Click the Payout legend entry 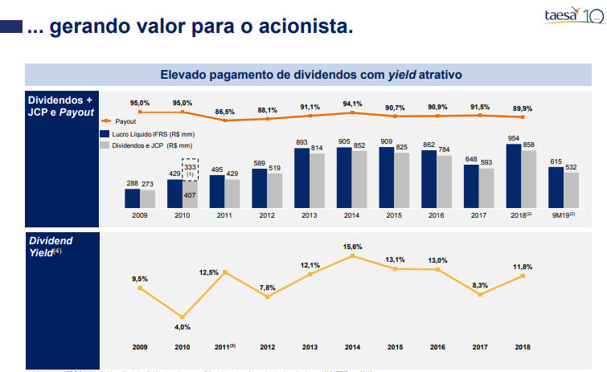tap(117, 120)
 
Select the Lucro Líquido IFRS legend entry tap(146, 133)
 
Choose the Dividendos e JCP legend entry tap(146, 145)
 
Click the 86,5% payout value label tap(225, 112)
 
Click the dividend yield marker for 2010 tap(183, 317)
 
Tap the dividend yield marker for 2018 tap(523, 276)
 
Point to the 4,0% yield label tap(183, 328)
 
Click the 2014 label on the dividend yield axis tap(352, 346)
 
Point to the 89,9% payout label tap(523, 108)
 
